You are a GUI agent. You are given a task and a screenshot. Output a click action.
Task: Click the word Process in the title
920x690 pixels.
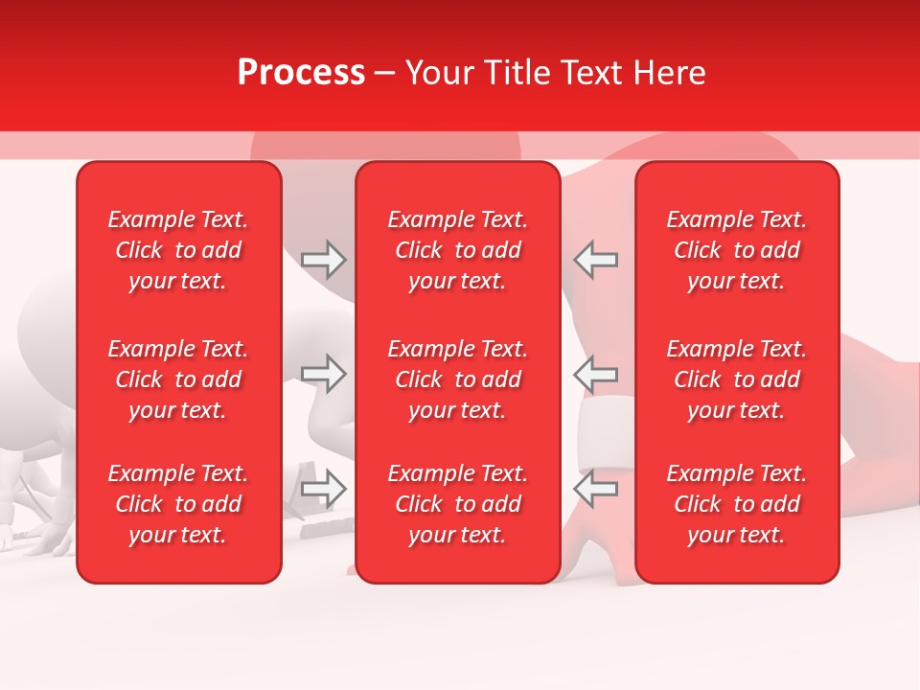coord(301,73)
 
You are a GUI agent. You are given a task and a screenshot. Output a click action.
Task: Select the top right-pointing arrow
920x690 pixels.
coord(324,260)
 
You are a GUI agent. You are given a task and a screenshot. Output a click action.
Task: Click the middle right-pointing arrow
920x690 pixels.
coord(324,374)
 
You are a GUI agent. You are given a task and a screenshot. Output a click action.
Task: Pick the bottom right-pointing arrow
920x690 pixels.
coord(324,489)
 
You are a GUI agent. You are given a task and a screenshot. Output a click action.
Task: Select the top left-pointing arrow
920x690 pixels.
coord(595,260)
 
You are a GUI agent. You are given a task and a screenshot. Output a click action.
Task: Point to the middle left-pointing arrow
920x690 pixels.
coord(595,374)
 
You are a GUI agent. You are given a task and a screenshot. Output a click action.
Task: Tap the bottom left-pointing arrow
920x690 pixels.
coord(595,489)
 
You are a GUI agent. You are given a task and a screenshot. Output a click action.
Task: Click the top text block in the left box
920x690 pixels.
coord(178,250)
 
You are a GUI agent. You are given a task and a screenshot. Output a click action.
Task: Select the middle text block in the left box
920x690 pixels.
coord(178,379)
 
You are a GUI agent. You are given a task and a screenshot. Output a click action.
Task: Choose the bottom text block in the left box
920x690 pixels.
coord(178,504)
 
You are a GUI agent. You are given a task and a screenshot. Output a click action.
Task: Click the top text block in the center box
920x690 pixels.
coord(457,250)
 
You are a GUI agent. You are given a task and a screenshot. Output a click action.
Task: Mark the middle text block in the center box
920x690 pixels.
coord(457,379)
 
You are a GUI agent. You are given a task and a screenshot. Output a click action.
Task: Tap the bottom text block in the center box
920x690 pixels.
coord(457,504)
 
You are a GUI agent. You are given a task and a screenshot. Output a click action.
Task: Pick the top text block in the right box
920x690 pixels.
coord(736,250)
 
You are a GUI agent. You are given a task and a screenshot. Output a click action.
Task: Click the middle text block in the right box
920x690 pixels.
coord(736,379)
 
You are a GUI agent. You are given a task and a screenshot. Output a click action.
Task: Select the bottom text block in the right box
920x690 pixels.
coord(736,504)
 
